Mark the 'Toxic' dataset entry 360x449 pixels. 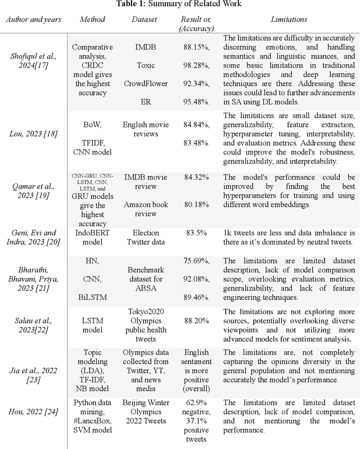coord(146,66)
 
